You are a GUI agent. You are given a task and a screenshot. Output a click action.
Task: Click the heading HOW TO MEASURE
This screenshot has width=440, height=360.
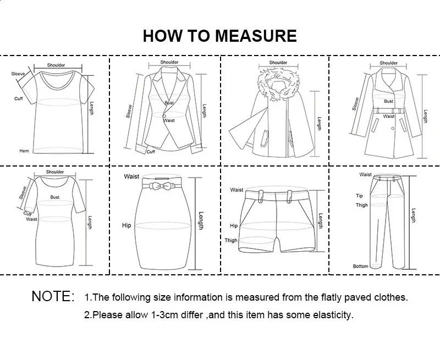[219, 36]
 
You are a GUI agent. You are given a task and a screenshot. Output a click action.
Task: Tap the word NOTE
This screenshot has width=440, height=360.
[53, 297]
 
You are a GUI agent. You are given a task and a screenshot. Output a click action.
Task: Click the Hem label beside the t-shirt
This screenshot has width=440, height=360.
[24, 151]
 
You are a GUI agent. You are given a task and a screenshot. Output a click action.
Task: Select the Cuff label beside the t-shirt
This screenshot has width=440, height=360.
[18, 99]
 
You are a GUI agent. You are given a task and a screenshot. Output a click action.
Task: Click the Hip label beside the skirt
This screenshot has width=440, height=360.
[127, 226]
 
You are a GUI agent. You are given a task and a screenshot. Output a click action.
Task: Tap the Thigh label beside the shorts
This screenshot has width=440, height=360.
[231, 240]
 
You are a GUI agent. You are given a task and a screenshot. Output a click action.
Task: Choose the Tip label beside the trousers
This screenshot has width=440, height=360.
[359, 195]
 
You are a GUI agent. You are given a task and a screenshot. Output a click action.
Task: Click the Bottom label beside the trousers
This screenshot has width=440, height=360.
[361, 267]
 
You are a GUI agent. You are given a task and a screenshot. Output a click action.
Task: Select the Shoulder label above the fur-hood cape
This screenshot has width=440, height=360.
[278, 63]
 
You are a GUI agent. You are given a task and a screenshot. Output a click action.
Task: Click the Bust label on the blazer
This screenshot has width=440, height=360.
[169, 103]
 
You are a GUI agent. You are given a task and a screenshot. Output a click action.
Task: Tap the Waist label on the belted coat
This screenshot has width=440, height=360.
[389, 117]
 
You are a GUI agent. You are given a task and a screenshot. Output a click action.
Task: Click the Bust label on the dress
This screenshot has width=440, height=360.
[55, 196]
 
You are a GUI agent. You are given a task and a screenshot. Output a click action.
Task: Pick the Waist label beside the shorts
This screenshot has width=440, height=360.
[237, 190]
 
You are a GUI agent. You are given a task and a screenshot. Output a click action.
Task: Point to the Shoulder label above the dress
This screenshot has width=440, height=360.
[55, 172]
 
